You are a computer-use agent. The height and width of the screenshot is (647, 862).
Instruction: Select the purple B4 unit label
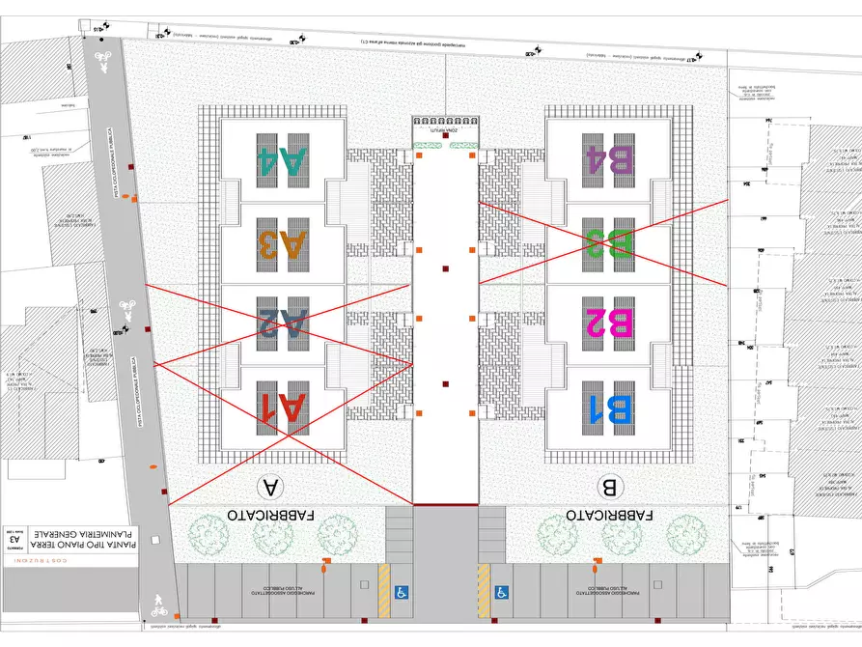pos(610,159)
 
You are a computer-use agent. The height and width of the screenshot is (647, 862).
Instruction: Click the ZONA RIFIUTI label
pos(445,125)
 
